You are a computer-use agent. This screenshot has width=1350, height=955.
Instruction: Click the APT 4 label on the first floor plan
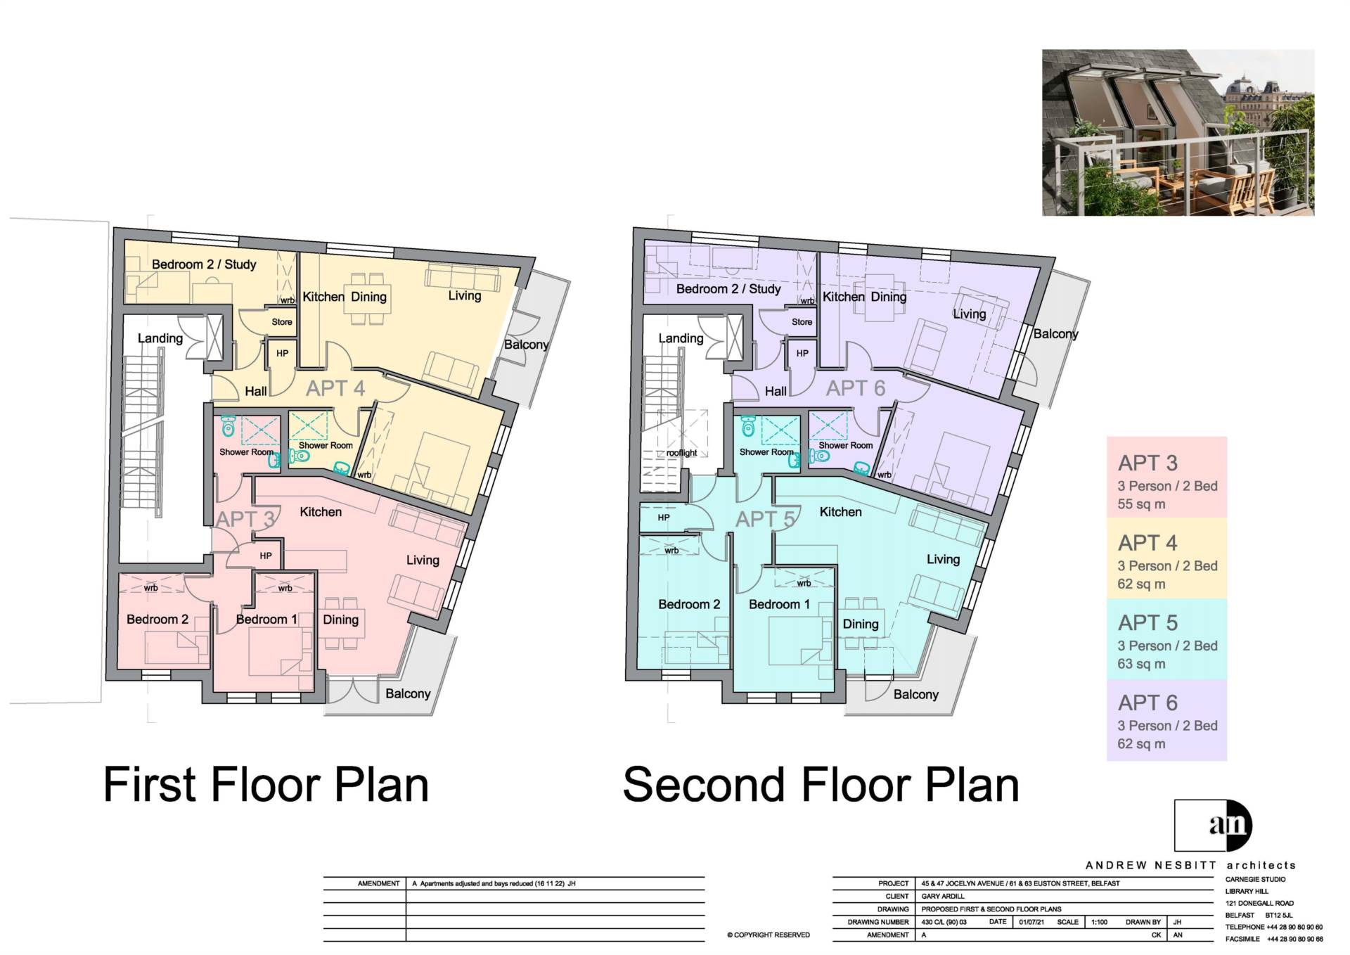[x=335, y=388]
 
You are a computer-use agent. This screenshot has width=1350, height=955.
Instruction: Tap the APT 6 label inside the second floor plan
[x=856, y=388]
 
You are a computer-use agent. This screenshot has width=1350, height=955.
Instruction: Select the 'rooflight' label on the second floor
[x=681, y=453]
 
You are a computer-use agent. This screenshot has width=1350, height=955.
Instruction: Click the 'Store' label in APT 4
[x=282, y=322]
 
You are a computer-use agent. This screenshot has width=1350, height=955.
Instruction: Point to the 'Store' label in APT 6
[x=802, y=322]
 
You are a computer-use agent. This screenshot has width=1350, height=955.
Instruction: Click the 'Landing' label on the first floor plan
[x=160, y=338]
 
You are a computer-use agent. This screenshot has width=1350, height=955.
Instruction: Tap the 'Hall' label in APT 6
[x=776, y=391]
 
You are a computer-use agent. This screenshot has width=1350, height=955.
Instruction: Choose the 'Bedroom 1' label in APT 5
[x=779, y=604]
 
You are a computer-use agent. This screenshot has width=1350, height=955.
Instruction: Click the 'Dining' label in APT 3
[x=340, y=620]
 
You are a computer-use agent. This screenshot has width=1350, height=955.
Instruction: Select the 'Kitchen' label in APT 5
[x=841, y=512]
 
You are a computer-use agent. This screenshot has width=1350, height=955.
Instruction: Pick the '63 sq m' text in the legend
[x=1142, y=664]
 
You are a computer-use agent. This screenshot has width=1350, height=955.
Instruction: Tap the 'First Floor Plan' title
[x=266, y=785]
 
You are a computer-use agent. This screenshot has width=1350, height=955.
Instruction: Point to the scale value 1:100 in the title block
[x=1099, y=922]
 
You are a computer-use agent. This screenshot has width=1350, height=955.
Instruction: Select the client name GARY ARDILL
[x=943, y=897]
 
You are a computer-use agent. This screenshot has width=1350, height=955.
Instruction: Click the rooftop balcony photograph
[x=1178, y=132]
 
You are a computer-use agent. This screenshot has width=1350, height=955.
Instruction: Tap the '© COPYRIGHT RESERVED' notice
[x=769, y=935]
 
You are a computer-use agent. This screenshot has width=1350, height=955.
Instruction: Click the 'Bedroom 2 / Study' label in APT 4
[x=204, y=264]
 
